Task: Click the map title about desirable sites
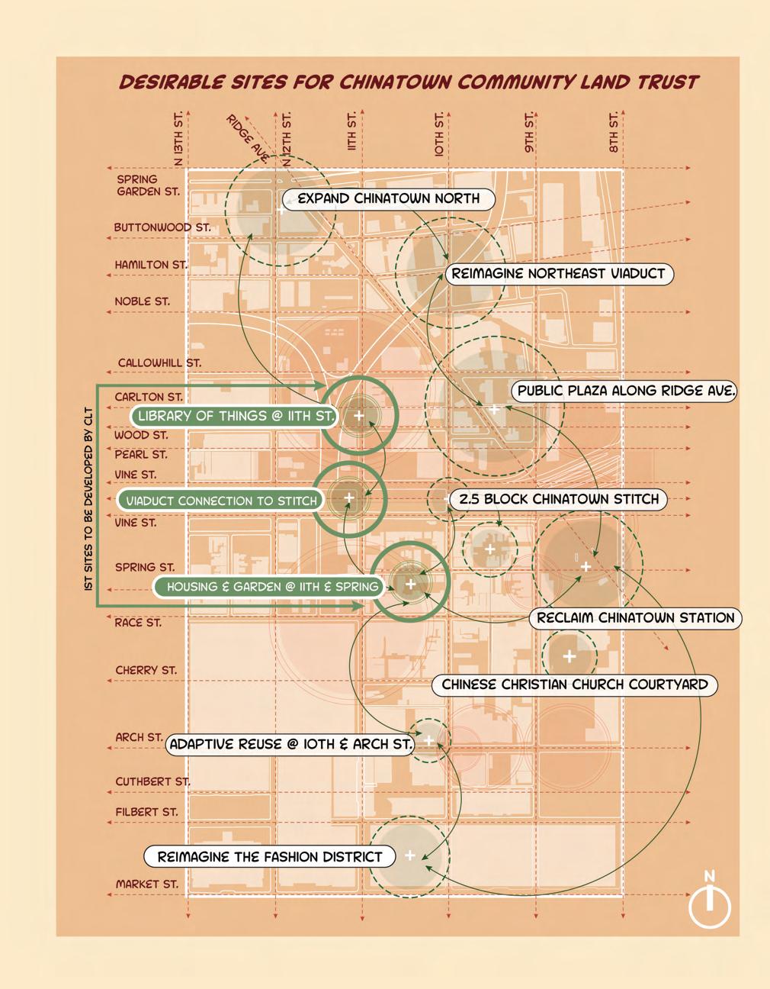(409, 82)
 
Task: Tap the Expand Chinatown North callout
(388, 199)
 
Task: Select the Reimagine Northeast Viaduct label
(558, 274)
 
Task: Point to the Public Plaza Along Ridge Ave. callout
(626, 391)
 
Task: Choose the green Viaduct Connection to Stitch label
(221, 501)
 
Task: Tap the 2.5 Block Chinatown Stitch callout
(559, 500)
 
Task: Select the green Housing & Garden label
(272, 587)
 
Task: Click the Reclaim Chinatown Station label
(635, 618)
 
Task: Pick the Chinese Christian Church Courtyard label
(574, 685)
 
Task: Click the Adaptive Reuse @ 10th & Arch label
(290, 744)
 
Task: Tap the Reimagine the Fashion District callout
(269, 857)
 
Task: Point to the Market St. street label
(147, 884)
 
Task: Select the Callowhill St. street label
(159, 363)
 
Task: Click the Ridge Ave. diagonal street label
(247, 138)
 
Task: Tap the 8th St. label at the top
(614, 133)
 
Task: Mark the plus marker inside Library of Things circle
(358, 416)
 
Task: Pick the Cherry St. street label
(146, 671)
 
